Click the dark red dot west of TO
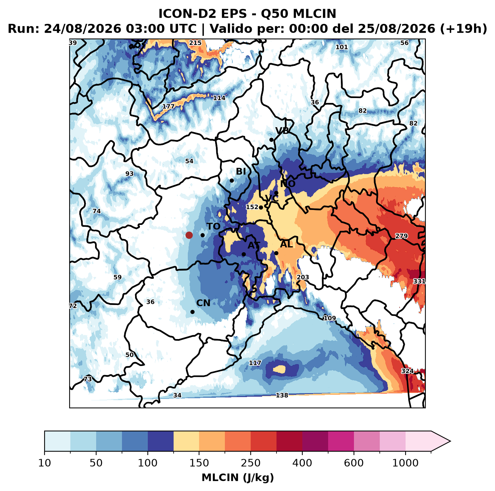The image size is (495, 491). coord(189,235)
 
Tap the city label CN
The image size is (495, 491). coord(203,303)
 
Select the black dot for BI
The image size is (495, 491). coord(232,181)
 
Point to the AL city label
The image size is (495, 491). coord(286,244)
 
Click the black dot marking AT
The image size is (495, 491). coord(244,254)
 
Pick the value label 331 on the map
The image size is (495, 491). coord(419,281)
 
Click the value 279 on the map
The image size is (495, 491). coord(401,236)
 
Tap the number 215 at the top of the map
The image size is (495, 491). coord(195,43)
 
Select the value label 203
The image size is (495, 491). coord(303,277)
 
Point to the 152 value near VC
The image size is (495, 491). coord(252,207)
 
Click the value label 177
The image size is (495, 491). coord(168,106)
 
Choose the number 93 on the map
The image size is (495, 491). coord(129,174)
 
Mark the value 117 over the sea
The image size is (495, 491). coord(255,363)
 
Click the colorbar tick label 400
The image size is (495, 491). coord(302,463)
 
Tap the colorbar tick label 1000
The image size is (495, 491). coord(405,463)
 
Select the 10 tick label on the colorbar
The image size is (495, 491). coord(45,463)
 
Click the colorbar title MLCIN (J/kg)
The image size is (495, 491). coord(238,478)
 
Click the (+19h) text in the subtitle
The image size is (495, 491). coord(464,29)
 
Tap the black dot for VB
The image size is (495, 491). coord(271,140)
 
